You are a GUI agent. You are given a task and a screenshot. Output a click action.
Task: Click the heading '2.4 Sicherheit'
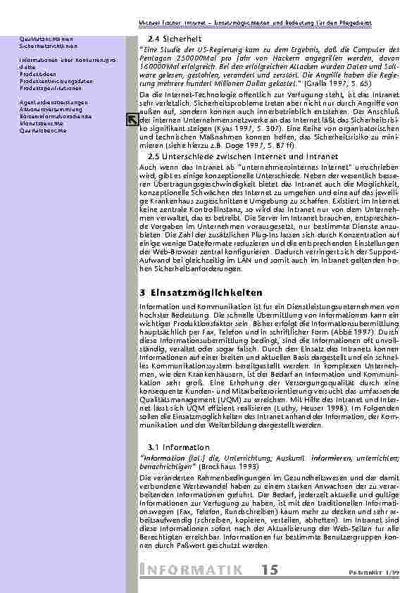point(173,38)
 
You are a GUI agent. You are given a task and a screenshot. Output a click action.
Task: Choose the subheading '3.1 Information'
point(171,447)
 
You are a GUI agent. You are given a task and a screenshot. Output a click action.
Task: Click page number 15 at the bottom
point(268,569)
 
